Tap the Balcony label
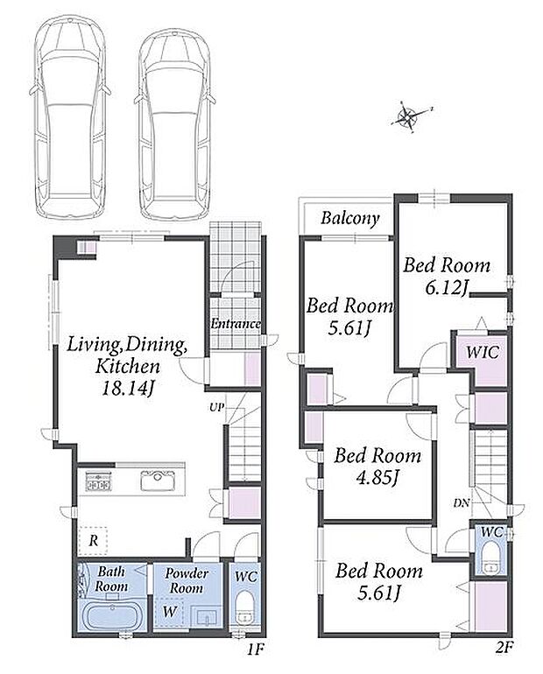coord(350,219)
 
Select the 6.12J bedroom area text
coord(447,288)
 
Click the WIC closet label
coord(483,353)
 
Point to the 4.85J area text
coord(377,477)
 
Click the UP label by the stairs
coord(217,407)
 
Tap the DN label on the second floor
coord(462,503)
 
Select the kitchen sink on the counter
coord(158,481)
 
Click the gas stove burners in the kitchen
coord(99,481)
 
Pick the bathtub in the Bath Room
coord(112,615)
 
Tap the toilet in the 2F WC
coord(490,558)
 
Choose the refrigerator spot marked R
coord(94,540)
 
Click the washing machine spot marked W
coord(169,612)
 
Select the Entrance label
coord(236,324)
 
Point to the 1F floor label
coord(256,649)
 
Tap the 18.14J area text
coord(128,389)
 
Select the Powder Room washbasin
coord(207,617)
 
